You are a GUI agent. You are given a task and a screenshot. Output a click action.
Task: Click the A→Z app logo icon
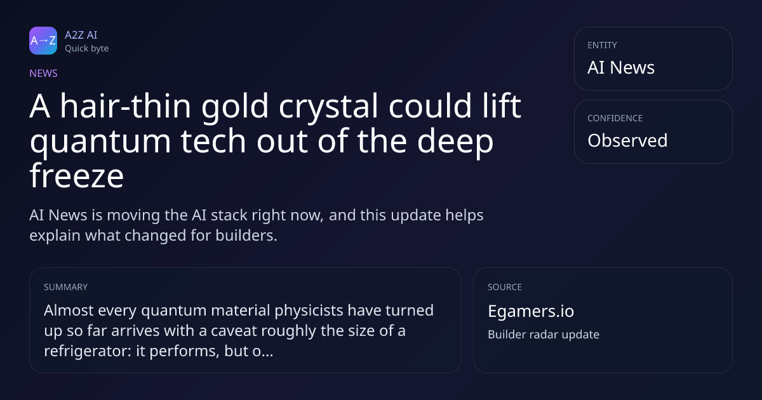43,41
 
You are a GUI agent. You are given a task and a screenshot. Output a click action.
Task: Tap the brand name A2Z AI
81,35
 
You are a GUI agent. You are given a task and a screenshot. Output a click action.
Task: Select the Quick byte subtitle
87,49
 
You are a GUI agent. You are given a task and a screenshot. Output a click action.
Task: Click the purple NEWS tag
44,74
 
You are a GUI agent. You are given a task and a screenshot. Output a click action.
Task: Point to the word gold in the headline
235,107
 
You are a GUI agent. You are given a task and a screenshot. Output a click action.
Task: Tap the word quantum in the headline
100,142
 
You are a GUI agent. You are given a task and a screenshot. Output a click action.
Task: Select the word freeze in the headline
77,176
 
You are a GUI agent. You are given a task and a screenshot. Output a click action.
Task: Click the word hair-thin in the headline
126,106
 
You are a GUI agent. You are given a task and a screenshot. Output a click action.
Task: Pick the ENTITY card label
602,45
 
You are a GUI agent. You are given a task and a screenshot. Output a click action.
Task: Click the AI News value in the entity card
621,67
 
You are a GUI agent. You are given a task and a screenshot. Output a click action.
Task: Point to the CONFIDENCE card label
615,118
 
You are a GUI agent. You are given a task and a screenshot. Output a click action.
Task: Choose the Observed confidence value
627,140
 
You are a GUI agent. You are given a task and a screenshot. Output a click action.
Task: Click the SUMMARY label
65,287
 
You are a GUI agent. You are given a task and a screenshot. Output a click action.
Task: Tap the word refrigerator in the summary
88,351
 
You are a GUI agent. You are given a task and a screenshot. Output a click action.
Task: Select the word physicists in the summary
309,310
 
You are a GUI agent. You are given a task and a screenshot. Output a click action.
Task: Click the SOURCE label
505,287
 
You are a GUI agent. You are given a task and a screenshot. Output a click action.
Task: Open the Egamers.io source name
531,311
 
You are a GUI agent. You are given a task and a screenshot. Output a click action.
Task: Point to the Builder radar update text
544,335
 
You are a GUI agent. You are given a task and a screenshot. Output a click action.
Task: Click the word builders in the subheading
246,236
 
